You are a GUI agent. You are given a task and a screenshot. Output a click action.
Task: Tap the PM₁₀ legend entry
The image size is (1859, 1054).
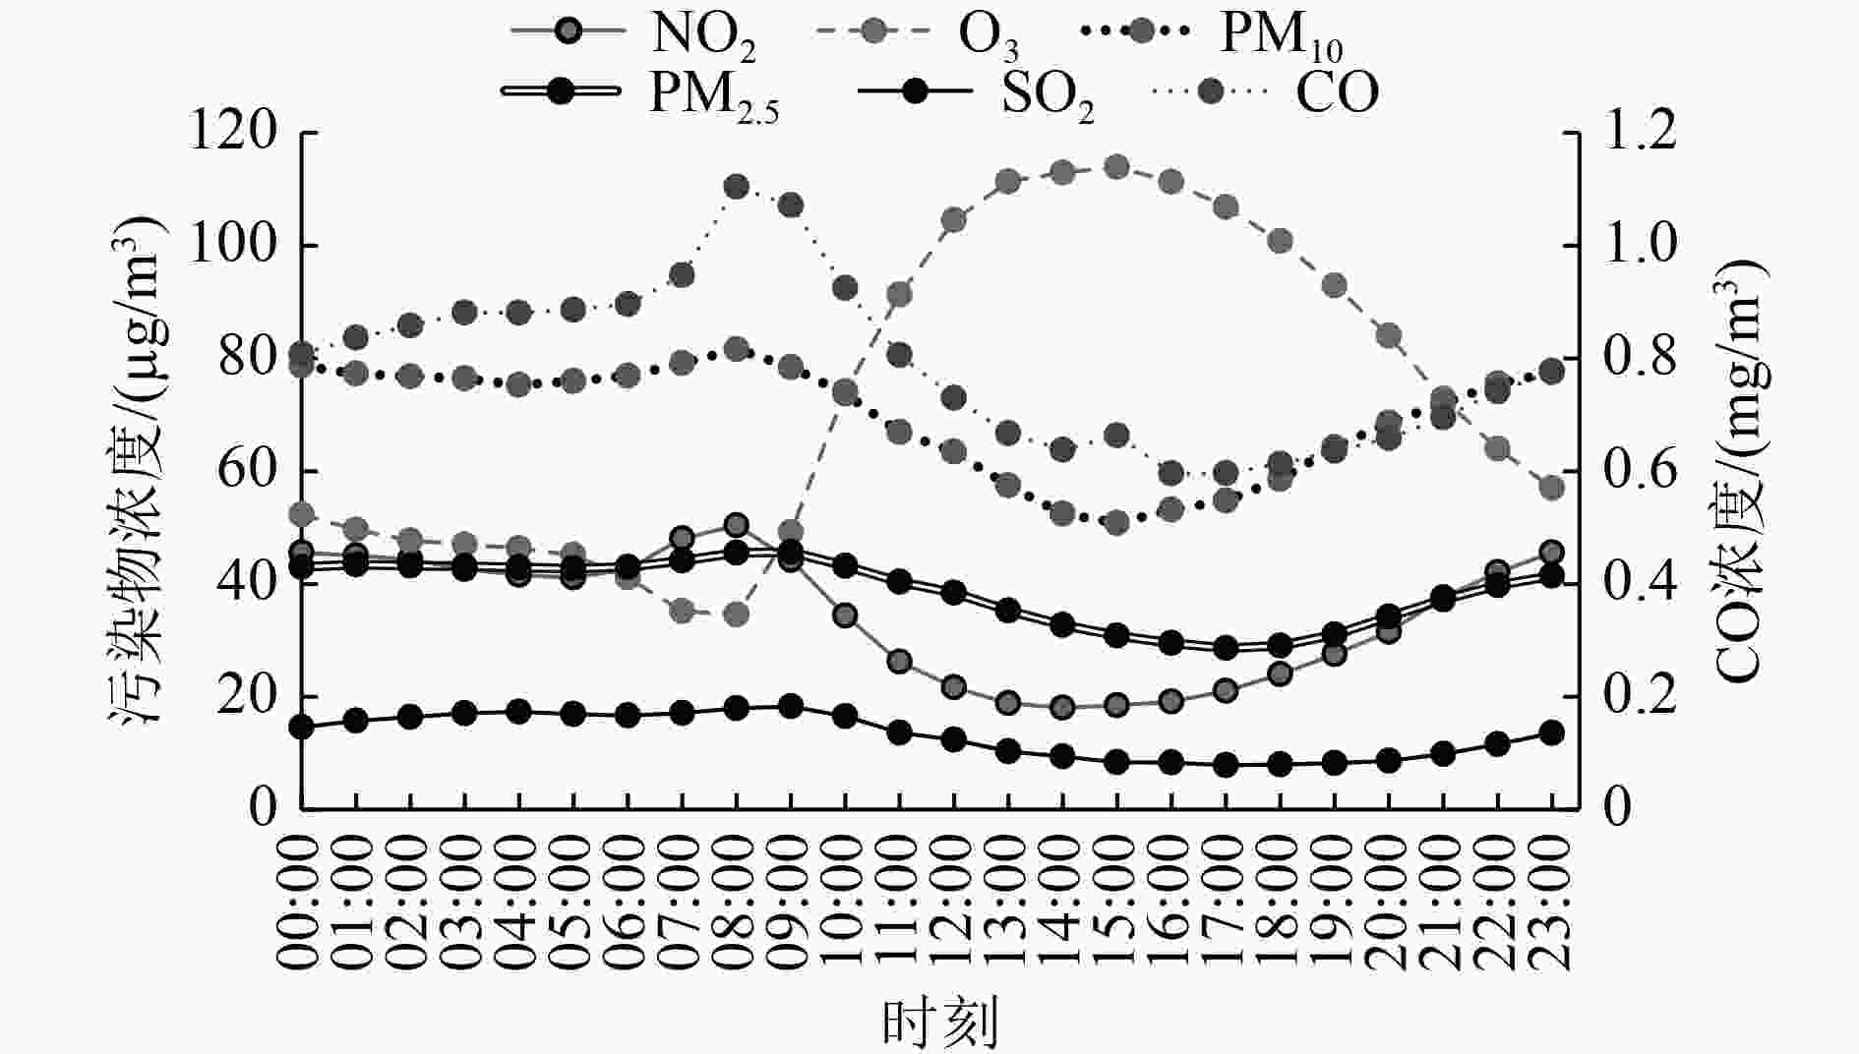click(x=1210, y=33)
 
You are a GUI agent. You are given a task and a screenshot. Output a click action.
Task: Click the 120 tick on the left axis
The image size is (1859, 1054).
click(x=233, y=132)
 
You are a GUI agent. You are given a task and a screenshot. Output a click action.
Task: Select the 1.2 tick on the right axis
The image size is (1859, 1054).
click(x=1640, y=132)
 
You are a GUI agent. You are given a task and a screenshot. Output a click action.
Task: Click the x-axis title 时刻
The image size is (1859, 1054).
click(x=939, y=1023)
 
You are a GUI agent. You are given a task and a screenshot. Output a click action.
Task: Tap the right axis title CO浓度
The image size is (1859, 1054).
click(x=1739, y=472)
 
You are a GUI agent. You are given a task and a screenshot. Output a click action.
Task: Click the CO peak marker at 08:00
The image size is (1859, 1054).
click(x=737, y=187)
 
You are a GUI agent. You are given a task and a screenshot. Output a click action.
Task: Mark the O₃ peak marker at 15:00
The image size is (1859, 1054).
click(x=1116, y=167)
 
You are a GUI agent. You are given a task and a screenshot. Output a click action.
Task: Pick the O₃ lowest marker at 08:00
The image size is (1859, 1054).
click(x=737, y=615)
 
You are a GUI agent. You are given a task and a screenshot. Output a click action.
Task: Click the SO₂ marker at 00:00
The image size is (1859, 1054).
click(x=302, y=728)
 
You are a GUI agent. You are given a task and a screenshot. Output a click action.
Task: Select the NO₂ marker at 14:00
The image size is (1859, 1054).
click(x=1062, y=707)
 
